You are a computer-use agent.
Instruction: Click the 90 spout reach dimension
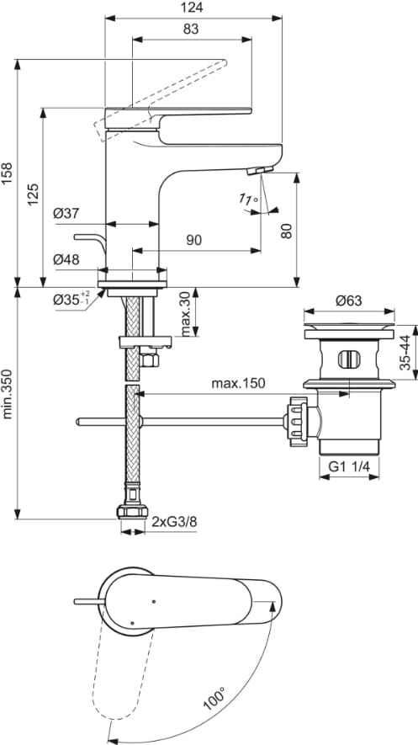point(193,241)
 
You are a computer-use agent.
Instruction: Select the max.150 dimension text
point(238,383)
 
